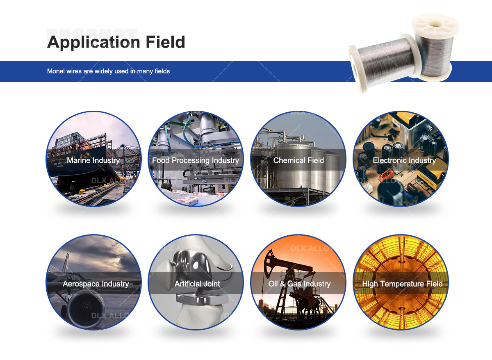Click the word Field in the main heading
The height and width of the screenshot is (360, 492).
[164, 42]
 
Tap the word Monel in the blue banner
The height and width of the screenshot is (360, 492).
[56, 71]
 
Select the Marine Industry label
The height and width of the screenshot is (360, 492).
[93, 160]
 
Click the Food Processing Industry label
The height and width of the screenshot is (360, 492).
[196, 160]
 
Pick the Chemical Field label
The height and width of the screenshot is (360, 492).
[298, 160]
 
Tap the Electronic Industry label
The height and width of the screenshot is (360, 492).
[404, 160]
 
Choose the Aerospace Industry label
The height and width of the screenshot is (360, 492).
[96, 284]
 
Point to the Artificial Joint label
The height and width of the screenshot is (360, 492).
[197, 284]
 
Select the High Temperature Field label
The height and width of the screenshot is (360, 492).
[402, 284]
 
